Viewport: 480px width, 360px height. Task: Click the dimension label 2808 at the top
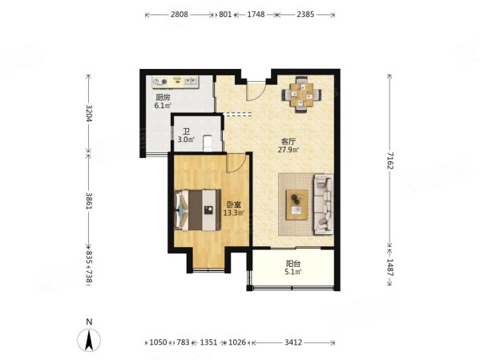179,14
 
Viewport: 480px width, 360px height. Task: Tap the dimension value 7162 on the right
389,160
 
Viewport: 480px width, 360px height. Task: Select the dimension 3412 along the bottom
293,342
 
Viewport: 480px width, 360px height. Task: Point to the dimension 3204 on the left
89,113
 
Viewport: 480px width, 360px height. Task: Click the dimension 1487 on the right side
389,268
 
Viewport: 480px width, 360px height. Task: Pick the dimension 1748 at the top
256,14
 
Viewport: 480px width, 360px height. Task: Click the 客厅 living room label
288,142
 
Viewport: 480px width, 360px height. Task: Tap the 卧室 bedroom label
233,204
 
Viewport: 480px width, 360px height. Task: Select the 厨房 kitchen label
163,98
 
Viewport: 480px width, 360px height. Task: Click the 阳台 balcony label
293,264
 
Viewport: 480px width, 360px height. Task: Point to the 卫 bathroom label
187,132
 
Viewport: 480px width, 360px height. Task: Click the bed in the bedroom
197,210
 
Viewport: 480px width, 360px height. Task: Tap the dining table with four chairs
302,95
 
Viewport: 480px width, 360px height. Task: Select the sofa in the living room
323,204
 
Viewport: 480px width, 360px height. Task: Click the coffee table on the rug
296,204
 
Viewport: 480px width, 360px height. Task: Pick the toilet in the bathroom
208,143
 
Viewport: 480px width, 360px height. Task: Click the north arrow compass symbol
89,340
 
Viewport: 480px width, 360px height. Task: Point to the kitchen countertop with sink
175,82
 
